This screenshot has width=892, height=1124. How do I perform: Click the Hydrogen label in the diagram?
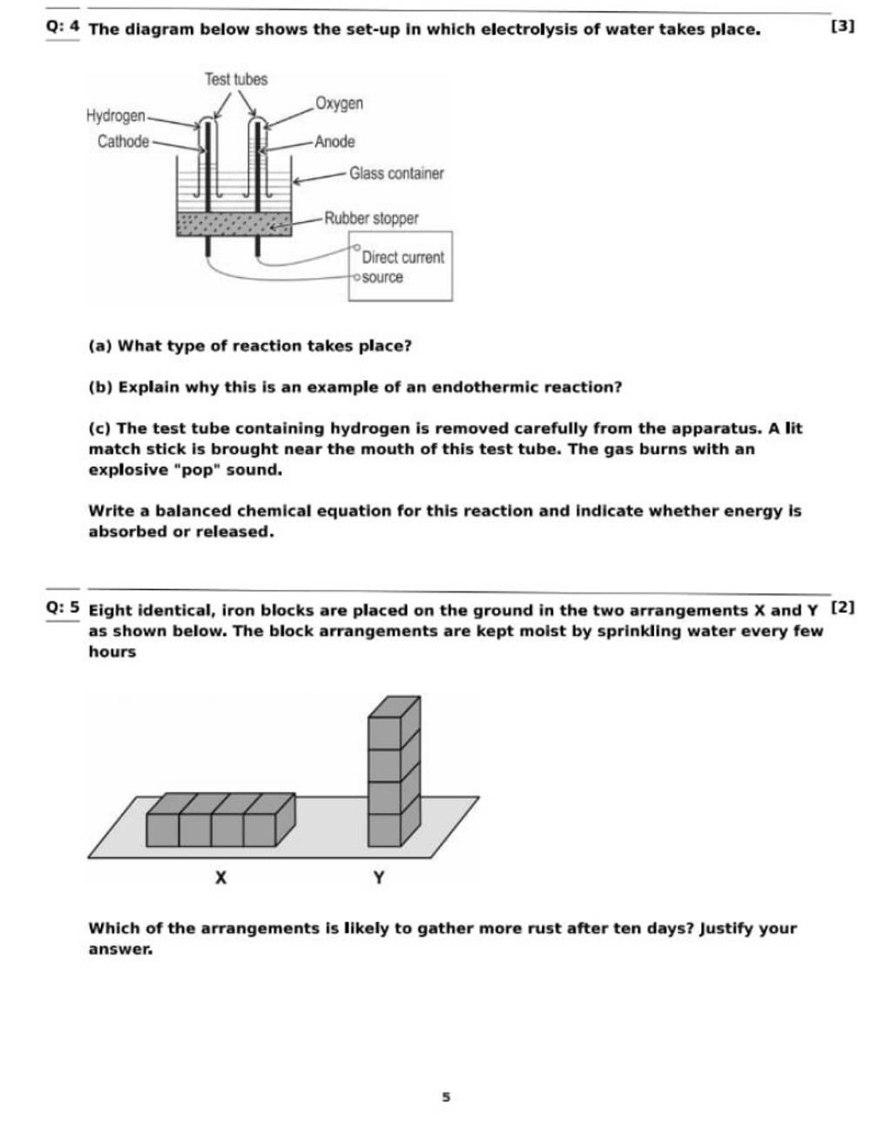(x=116, y=116)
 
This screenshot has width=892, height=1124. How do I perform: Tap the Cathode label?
(x=123, y=141)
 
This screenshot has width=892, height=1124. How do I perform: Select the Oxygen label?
(x=339, y=104)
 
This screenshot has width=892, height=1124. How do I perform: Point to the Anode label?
(x=334, y=141)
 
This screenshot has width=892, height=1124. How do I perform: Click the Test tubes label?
(x=236, y=79)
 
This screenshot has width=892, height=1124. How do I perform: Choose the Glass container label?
(x=396, y=173)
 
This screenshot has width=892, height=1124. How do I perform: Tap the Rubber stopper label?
(x=371, y=218)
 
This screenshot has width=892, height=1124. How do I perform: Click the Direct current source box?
(x=401, y=266)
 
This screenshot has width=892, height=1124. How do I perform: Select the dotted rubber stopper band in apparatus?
(x=233, y=225)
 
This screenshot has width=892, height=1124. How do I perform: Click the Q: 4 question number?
(x=63, y=28)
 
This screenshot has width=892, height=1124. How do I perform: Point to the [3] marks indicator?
(x=842, y=27)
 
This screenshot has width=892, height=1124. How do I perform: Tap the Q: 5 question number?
(x=63, y=608)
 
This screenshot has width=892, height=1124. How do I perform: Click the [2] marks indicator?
(x=842, y=606)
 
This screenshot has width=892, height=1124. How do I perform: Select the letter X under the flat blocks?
(x=221, y=878)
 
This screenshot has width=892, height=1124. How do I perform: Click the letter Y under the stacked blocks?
(x=378, y=878)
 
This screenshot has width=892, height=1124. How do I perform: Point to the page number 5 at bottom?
(x=445, y=1097)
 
